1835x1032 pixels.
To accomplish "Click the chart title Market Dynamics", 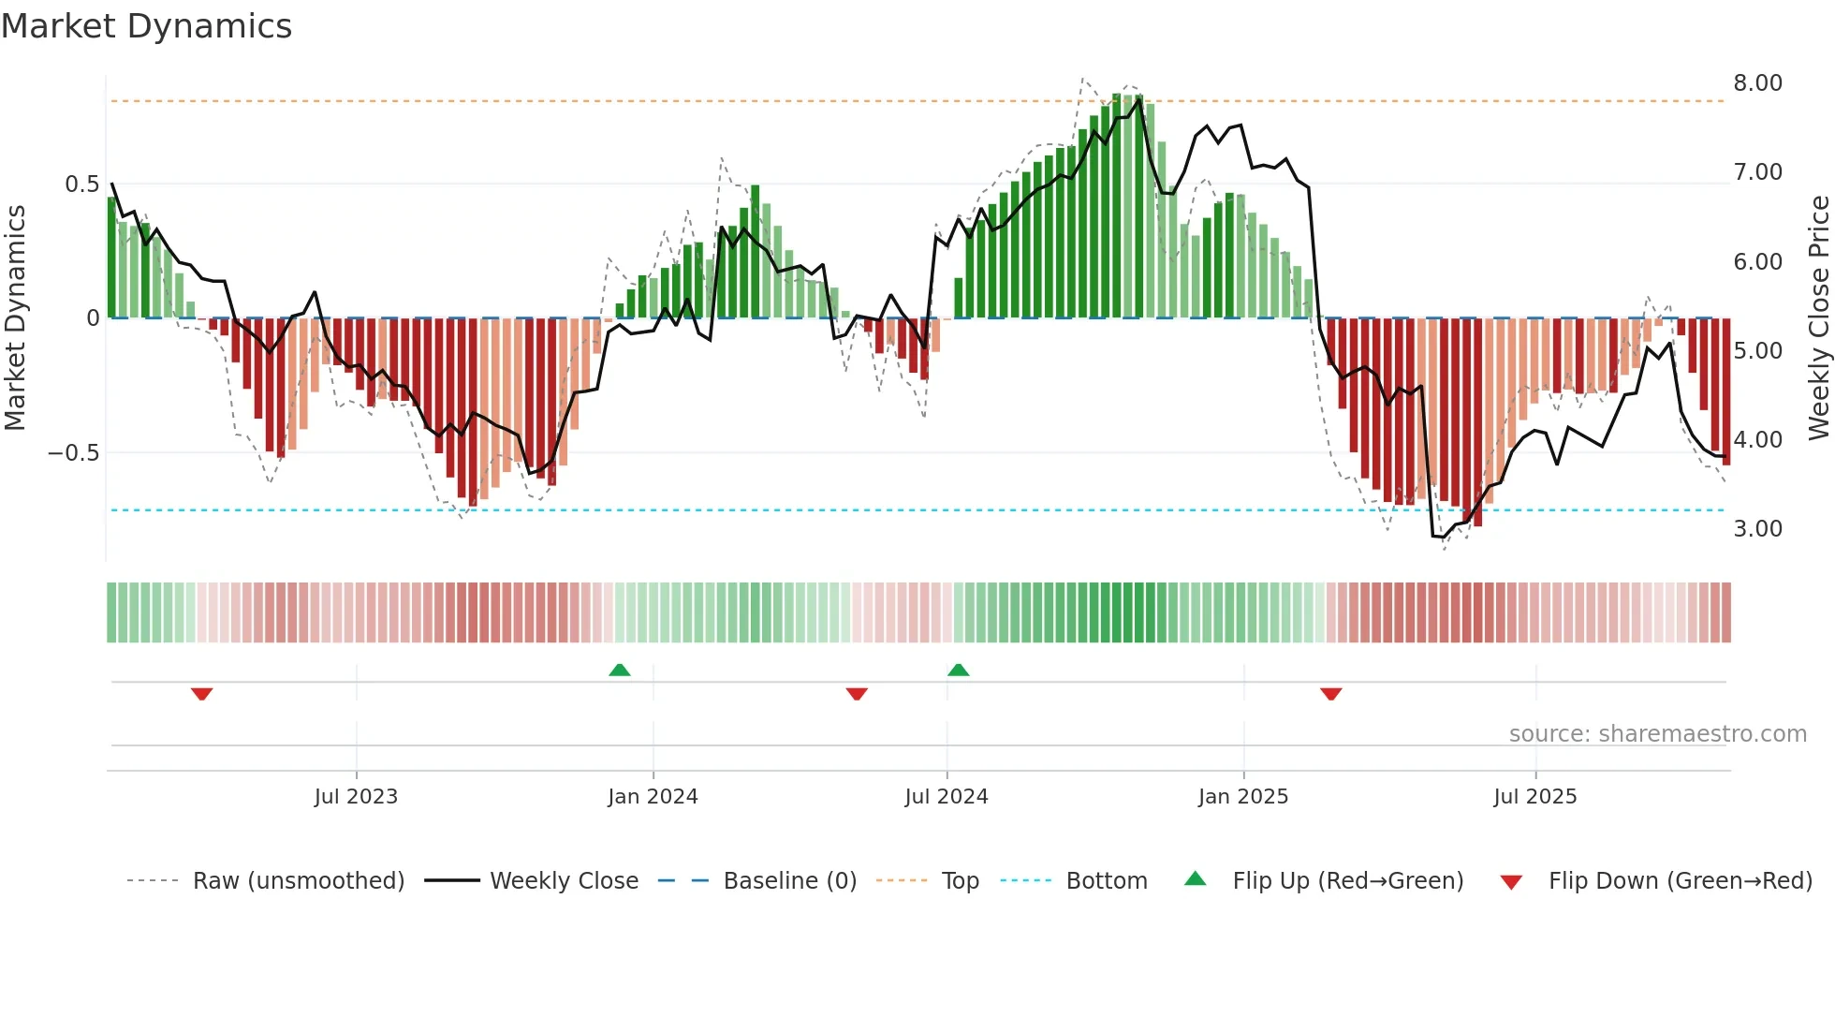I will pos(146,26).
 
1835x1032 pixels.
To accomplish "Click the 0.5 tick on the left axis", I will pos(81,184).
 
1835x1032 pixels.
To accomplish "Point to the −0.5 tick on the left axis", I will pos(73,453).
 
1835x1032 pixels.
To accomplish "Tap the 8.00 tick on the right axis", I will pos(1757,83).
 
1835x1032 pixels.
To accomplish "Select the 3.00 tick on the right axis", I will pos(1757,529).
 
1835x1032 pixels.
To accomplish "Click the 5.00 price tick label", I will pos(1757,351).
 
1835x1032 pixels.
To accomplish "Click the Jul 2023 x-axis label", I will pos(356,797).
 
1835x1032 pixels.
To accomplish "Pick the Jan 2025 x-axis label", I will pos(1242,797).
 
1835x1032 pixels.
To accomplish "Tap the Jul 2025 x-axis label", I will pos(1534,797).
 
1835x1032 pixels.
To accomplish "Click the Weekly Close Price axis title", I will pos(1818,318).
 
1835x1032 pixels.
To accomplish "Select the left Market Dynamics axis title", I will pos(15,318).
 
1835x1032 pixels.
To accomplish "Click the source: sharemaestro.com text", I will pos(1657,734).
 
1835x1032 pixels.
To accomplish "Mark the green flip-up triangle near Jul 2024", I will pos(958,671).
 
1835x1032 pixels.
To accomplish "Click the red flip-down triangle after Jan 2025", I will pos(1331,694).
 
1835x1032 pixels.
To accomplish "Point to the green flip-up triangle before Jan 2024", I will pos(619,671).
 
